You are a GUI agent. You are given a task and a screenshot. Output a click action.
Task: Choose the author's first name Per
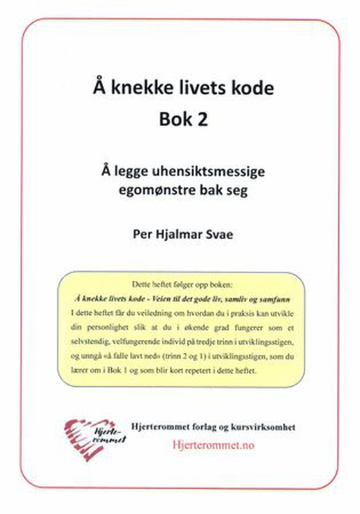[x=138, y=232]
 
